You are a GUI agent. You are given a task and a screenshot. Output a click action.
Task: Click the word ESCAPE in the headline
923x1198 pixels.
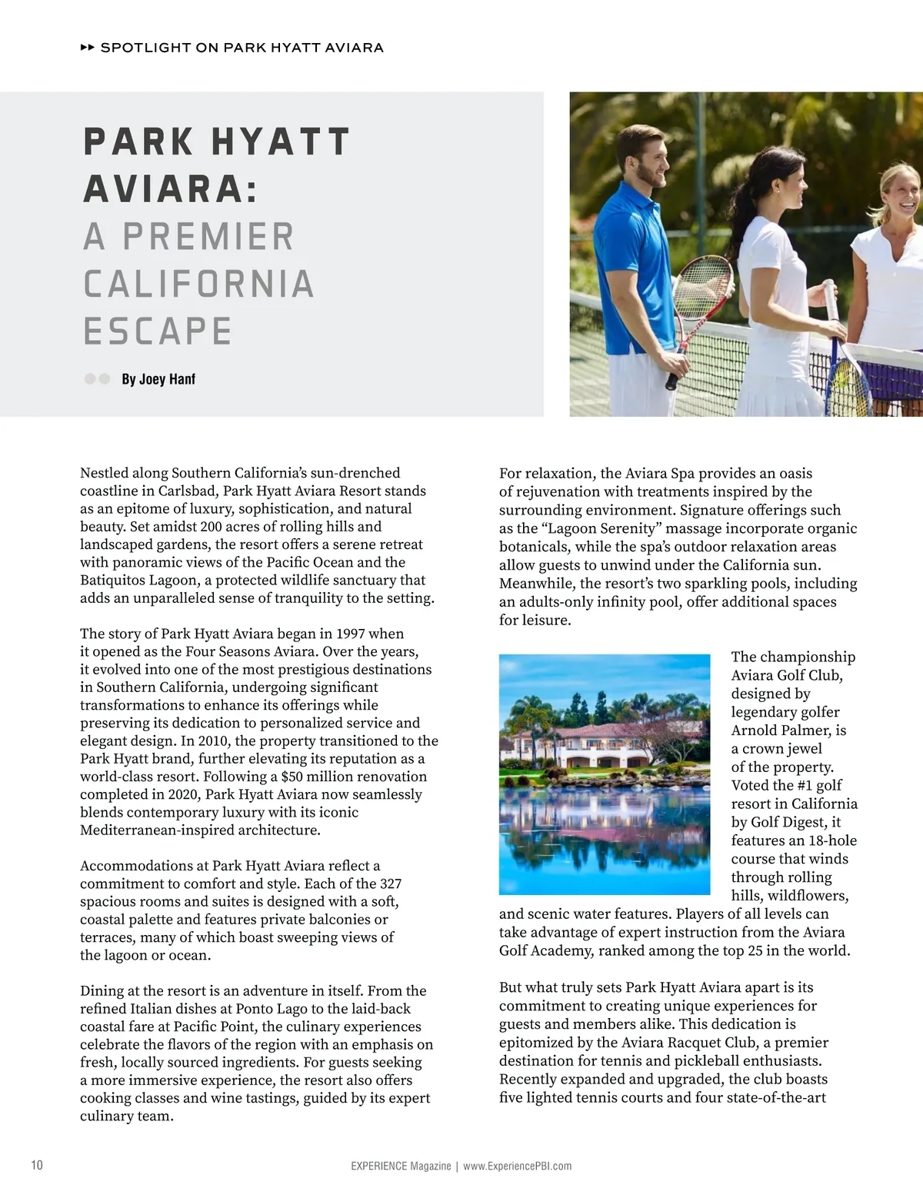pos(158,331)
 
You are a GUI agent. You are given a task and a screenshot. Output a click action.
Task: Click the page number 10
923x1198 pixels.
pos(37,1165)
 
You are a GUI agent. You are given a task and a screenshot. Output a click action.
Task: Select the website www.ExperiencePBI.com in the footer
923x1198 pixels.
pos(518,1166)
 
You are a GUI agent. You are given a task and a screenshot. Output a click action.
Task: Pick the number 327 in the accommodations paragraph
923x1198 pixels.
pos(391,884)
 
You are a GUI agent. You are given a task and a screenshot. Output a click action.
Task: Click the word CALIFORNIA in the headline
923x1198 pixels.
pos(198,284)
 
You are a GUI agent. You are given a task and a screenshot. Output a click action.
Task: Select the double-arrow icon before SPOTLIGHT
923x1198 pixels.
pos(87,48)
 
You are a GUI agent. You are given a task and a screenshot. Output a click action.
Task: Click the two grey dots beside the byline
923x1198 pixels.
pos(97,379)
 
